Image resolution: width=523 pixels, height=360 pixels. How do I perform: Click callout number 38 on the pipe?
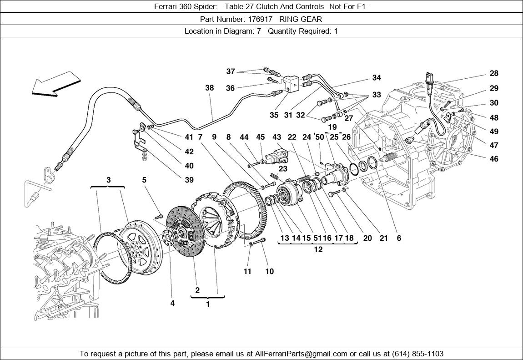tap(209, 88)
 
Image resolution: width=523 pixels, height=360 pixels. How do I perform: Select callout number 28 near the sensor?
tap(494, 73)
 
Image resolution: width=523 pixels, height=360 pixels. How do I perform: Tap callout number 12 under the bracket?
tap(318, 249)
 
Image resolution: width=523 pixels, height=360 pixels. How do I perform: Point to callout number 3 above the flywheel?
tap(108, 180)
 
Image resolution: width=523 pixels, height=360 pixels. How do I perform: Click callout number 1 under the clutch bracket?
tap(208, 304)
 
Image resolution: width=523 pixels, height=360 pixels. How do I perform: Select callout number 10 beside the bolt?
tap(270, 272)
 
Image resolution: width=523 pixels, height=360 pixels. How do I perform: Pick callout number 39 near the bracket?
tap(189, 180)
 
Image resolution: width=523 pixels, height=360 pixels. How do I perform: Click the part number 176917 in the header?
tap(261, 19)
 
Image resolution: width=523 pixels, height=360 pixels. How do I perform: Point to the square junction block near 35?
tap(291, 83)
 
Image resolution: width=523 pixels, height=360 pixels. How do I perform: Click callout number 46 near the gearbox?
tap(494, 159)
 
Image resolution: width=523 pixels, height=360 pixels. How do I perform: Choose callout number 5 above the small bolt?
tap(144, 180)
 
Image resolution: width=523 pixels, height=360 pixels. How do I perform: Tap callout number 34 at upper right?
tap(377, 78)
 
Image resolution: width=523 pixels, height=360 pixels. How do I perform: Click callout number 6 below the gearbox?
tap(399, 238)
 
